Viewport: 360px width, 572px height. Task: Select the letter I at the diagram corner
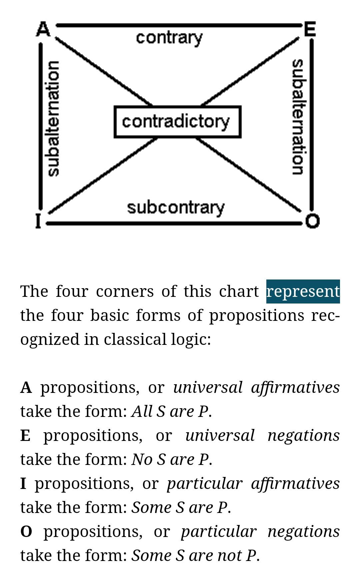38,221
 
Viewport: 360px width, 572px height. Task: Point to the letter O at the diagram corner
312,221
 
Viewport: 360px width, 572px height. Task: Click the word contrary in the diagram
169,37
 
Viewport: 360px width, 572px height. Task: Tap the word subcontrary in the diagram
176,207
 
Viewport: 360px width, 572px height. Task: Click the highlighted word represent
303,292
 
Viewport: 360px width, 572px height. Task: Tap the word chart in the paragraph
239,291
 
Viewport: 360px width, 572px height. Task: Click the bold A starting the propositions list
26,388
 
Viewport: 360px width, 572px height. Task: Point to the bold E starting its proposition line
25,436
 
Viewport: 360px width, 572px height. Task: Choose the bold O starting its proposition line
26,532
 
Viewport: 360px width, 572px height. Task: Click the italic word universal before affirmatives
208,388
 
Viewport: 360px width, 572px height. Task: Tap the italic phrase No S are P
170,460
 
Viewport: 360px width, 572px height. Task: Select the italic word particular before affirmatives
204,484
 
